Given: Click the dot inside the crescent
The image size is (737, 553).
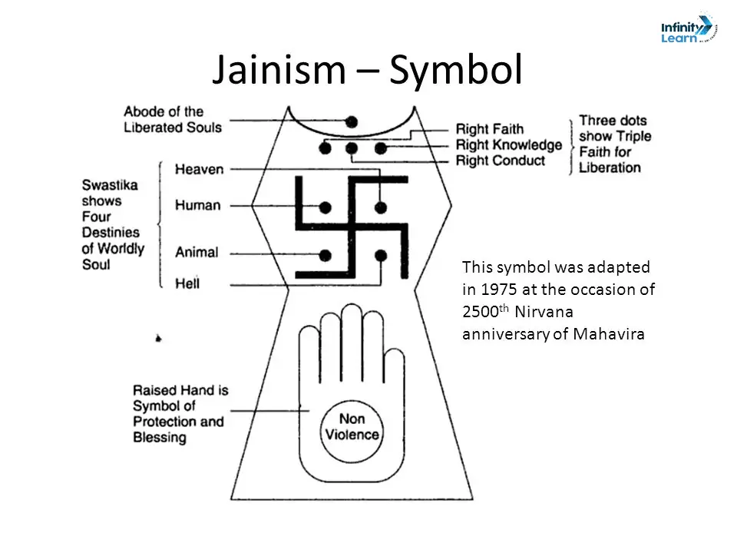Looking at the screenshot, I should (x=352, y=121).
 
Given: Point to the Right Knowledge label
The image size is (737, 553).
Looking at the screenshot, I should (x=509, y=145).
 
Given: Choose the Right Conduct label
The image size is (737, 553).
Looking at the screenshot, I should (x=501, y=161).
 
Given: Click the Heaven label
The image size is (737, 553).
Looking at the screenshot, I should (x=199, y=169).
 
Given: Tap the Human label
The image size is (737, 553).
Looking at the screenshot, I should (x=197, y=206).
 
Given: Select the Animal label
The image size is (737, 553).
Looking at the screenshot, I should (x=197, y=252).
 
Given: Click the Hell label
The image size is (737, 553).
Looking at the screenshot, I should (x=187, y=283).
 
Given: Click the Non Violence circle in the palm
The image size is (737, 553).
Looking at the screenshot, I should (x=351, y=427).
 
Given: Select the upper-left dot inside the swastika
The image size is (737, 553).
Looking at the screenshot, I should (x=325, y=207).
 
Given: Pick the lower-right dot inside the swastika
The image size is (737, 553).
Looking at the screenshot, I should (x=381, y=255).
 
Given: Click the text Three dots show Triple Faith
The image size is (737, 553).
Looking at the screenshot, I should (x=614, y=144).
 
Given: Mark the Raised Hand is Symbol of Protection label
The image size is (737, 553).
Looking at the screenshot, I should (x=179, y=415).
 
